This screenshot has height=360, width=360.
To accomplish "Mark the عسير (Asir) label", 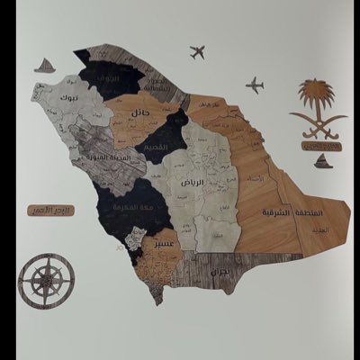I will pyautogui.click(x=163, y=243).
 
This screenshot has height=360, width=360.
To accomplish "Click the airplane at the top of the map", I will pyautogui.click(x=197, y=53).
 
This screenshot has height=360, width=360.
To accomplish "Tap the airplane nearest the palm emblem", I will pyautogui.click(x=255, y=85).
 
